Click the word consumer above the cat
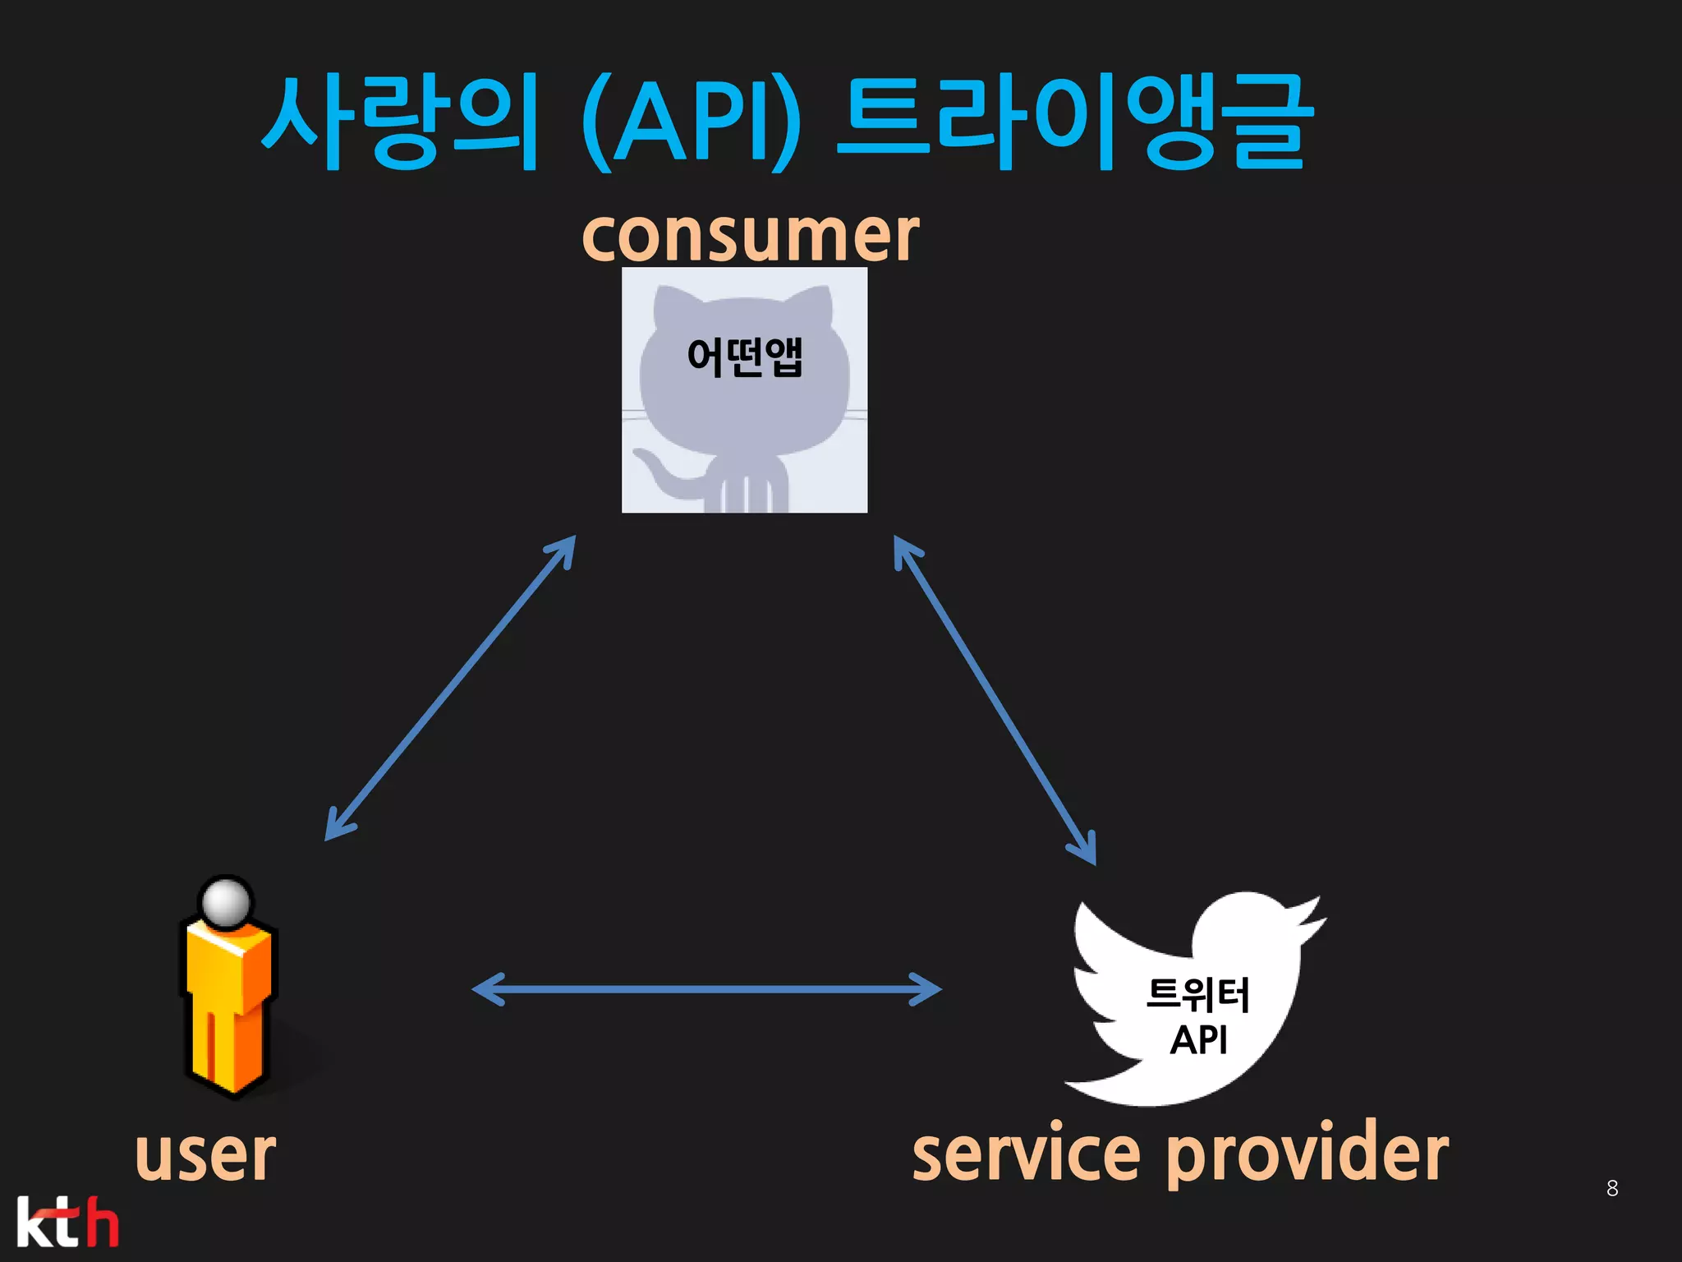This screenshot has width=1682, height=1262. tap(750, 237)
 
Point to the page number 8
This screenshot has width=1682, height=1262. tap(1612, 1188)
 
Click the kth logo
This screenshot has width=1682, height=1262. tap(67, 1223)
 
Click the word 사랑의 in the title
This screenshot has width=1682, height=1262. tap(400, 122)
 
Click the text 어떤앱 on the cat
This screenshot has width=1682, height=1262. tap(744, 357)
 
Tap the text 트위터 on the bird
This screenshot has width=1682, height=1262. tap(1197, 994)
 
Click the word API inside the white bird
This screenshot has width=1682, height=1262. tap(1198, 1040)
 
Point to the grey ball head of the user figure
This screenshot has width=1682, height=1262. tap(226, 902)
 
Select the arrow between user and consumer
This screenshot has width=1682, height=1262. tap(450, 689)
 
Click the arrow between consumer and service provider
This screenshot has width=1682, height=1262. tap(995, 700)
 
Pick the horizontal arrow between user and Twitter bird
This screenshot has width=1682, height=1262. tap(706, 989)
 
